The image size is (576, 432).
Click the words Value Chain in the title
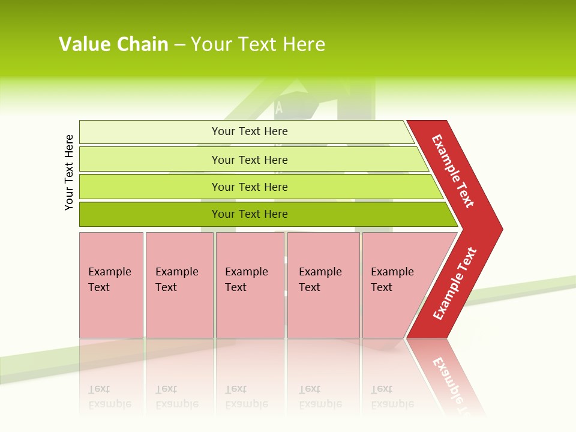[113, 44]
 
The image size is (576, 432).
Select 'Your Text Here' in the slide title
[258, 44]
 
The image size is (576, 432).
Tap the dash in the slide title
[179, 45]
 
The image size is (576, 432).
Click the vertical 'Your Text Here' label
[69, 172]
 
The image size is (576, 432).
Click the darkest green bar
[150, 214]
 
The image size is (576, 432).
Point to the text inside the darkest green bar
[250, 214]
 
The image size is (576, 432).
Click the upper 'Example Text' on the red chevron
[453, 171]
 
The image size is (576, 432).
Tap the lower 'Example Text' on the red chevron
[455, 284]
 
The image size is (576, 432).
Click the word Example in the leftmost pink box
[109, 272]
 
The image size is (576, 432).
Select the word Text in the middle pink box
[236, 287]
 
